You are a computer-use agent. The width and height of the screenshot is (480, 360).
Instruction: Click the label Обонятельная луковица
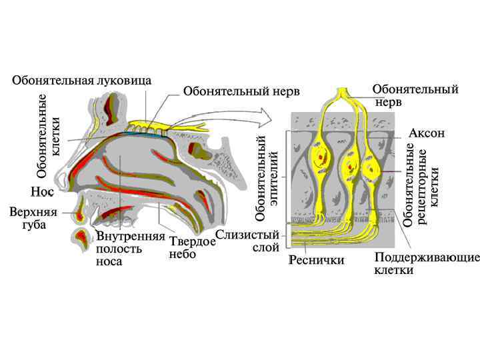(x=81, y=81)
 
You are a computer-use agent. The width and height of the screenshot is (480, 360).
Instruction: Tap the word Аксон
(x=426, y=133)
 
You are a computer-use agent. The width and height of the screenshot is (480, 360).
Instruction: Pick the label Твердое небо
(x=192, y=248)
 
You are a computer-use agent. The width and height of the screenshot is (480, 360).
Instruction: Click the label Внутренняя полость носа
(x=130, y=249)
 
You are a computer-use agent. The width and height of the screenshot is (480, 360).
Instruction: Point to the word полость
(x=119, y=249)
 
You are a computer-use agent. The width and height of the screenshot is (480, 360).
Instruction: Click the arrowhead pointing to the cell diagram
(x=269, y=118)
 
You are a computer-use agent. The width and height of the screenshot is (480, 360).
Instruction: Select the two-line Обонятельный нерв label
(x=415, y=95)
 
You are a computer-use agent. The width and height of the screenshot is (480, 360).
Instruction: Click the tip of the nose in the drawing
(x=59, y=179)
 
